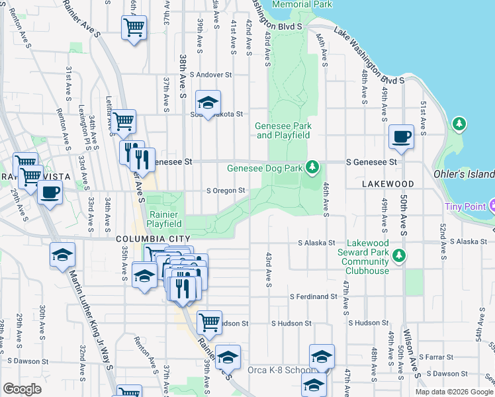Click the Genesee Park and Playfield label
pyautogui.click(x=283, y=130)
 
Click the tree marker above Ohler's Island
pyautogui.click(x=459, y=124)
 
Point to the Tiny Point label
pyautogui.click(x=465, y=206)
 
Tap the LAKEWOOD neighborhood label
pyautogui.click(x=388, y=184)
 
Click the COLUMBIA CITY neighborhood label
pyautogui.click(x=153, y=238)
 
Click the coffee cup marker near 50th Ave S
pyautogui.click(x=401, y=137)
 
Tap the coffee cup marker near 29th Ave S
pyautogui.click(x=50, y=193)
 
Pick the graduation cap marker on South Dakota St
pyautogui.click(x=208, y=103)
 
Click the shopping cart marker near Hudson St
pyautogui.click(x=209, y=323)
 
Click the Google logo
pyautogui.click(x=22, y=389)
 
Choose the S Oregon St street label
pyautogui.click(x=226, y=191)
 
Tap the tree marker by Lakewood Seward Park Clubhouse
pyautogui.click(x=398, y=255)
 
